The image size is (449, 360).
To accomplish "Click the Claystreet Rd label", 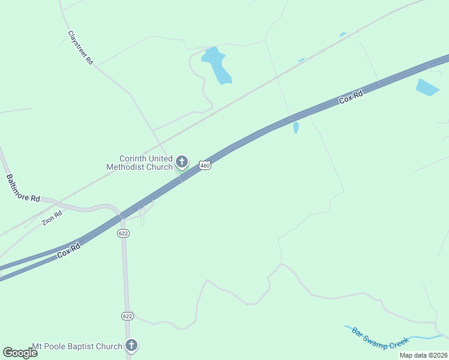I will click(x=80, y=48).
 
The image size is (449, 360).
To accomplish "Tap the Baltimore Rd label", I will click(x=23, y=188).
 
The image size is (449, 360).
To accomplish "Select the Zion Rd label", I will click(x=52, y=218).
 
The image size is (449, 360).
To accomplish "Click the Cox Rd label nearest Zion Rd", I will click(x=69, y=251).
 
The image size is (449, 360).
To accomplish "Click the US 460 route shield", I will click(x=205, y=165).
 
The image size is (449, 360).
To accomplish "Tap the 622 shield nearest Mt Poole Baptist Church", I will click(x=127, y=316).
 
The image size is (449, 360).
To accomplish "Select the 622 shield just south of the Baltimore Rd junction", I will click(x=123, y=233).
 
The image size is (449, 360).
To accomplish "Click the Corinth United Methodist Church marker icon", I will click(x=182, y=162).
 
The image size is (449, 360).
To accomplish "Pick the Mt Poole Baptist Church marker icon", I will click(x=131, y=346).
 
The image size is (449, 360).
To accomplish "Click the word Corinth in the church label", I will click(x=133, y=158).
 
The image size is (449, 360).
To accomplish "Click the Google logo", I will click(x=20, y=352).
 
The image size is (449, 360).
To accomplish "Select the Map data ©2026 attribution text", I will click(x=423, y=355).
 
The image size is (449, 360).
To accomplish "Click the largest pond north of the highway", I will click(x=217, y=65).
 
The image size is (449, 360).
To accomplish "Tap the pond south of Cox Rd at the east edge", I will click(x=427, y=88).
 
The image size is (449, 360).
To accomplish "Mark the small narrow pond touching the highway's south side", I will click(x=296, y=127).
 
